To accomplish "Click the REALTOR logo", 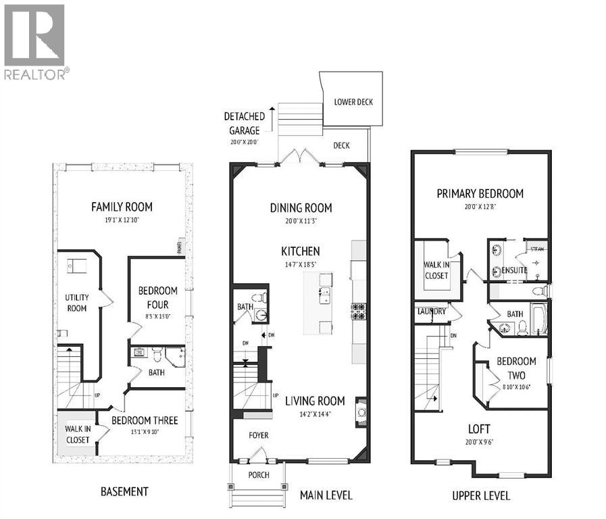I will point(34,42).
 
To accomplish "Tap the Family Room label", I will point(122,207).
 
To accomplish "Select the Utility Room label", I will point(76,302).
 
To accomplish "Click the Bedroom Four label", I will point(157,296).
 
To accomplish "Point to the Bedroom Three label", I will point(145,420).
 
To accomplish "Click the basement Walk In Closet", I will point(77,434).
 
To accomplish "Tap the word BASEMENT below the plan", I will point(124,491).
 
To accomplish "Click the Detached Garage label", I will point(244,122).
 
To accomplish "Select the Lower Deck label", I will point(353,102).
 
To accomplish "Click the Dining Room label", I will point(301,208).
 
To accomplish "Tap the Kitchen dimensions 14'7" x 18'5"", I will point(301,265).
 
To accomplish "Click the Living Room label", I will point(315,400).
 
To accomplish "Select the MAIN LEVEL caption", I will point(326,495).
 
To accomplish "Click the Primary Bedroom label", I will point(480,194).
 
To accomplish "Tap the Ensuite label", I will point(515,271).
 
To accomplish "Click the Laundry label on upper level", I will point(431,312).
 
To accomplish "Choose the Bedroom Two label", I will point(516,368).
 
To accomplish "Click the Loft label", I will point(479,428).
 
